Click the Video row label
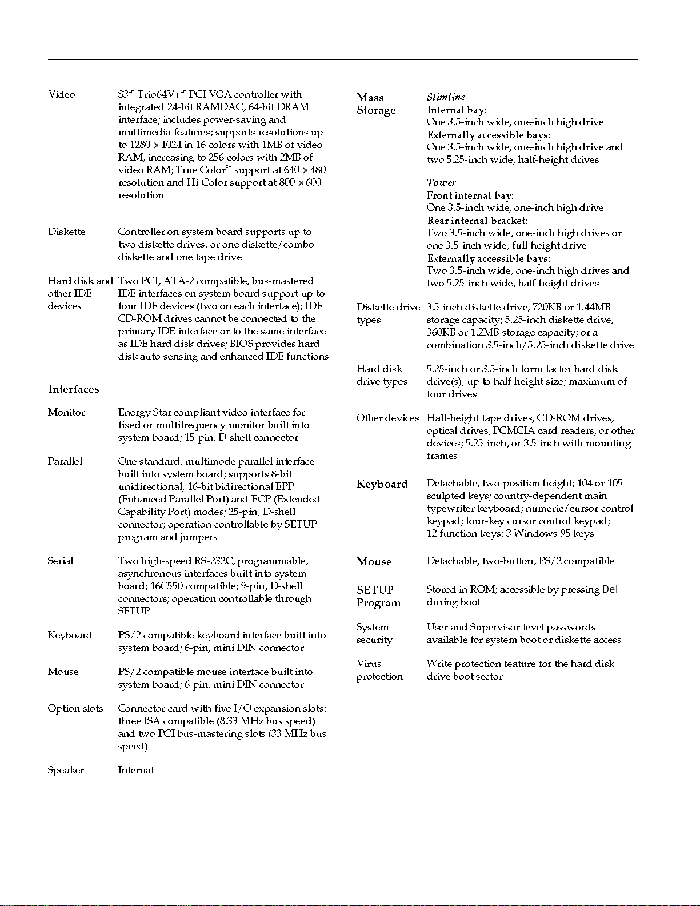pyautogui.click(x=62, y=95)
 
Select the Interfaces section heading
pyautogui.click(x=74, y=389)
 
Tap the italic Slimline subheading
pyautogui.click(x=446, y=97)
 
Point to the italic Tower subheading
pyautogui.click(x=442, y=183)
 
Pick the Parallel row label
pyautogui.click(x=65, y=462)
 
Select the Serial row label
pyautogui.click(x=61, y=561)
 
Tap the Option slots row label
pyautogui.click(x=75, y=709)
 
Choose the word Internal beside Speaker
pyautogui.click(x=136, y=771)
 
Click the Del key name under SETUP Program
pyautogui.click(x=610, y=590)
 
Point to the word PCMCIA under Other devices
pyautogui.click(x=513, y=431)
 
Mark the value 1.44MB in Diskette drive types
pyautogui.click(x=594, y=308)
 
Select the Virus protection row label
pyautogui.click(x=379, y=670)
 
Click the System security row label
pyautogui.click(x=374, y=634)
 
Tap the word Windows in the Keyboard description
pyautogui.click(x=535, y=534)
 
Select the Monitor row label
pyautogui.click(x=67, y=413)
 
